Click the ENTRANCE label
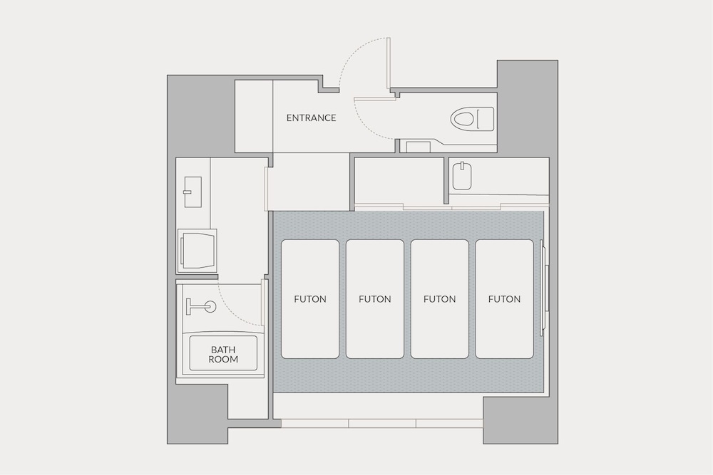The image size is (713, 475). pos(311,118)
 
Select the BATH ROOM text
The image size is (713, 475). pos(223,354)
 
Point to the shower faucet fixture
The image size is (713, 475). pos(201,306)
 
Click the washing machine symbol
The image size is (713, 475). pos(197,251)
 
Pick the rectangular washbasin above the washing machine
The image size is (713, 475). pos(193,192)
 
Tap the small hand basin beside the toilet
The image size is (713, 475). pos(418,147)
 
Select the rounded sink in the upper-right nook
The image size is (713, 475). pos(462,176)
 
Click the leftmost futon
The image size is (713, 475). pos(310,299)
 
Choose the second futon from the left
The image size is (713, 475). pos(375,299)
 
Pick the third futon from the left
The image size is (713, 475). pos(440,299)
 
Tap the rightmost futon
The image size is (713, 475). pos(504,299)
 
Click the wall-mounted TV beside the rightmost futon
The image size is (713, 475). pos(544,288)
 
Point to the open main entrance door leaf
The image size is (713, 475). pos(389,63)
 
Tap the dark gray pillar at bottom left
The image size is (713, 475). pos(198,414)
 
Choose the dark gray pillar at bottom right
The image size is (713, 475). pos(520,420)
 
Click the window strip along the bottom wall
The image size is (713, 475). pos(382,424)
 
